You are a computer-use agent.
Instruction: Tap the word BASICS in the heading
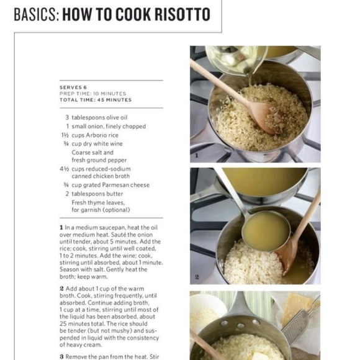coord(35,14)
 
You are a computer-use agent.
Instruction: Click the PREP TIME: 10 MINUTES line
coord(92,94)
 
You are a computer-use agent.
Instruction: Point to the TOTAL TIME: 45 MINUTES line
coord(96,100)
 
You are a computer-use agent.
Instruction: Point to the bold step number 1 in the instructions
coord(61,228)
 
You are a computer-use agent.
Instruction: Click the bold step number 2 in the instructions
coord(61,289)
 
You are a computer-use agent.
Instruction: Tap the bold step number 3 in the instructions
coord(61,356)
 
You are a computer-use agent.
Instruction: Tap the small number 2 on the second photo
coord(197,277)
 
